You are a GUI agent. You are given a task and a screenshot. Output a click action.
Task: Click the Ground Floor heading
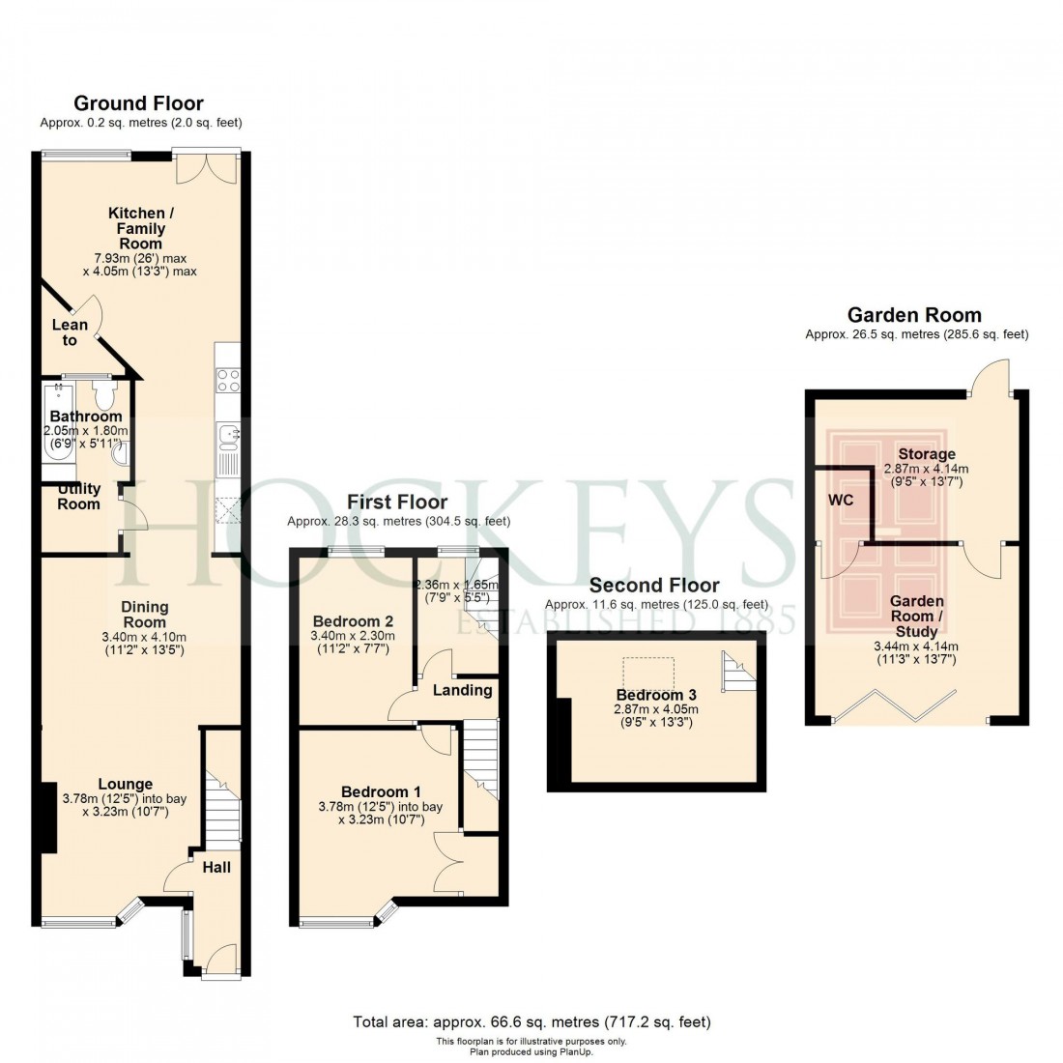point(139,103)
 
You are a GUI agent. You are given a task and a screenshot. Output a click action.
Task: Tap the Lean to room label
point(70,332)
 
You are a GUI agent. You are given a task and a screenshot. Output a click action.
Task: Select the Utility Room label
point(78,497)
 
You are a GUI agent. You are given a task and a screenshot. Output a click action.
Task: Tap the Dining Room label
point(144,615)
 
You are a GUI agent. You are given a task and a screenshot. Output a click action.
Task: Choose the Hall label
point(216,867)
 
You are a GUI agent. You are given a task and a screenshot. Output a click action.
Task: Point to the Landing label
point(462,690)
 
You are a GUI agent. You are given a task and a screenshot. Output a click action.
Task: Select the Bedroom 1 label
point(380,791)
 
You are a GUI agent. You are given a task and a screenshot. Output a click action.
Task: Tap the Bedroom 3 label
point(656,694)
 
